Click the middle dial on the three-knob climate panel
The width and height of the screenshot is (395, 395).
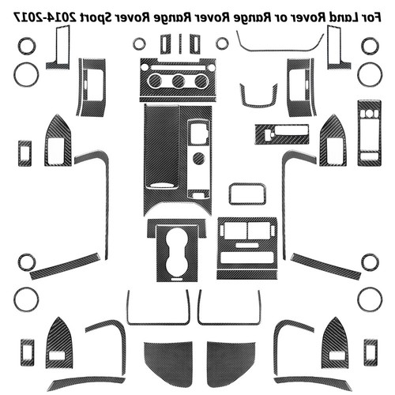click(178, 81)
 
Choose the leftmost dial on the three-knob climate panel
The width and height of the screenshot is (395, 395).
click(155, 81)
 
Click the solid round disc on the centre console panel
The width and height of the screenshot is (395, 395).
click(199, 158)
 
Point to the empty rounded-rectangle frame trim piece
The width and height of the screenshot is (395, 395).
click(247, 194)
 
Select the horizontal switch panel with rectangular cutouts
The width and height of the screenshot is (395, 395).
click(282, 134)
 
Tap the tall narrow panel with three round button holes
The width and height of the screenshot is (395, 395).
click(369, 133)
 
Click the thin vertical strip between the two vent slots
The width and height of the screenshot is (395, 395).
click(180, 43)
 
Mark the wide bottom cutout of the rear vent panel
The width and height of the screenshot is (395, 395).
click(247, 258)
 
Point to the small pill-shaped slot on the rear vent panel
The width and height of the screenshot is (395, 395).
click(247, 245)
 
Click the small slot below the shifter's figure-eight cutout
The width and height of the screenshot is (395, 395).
click(177, 279)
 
